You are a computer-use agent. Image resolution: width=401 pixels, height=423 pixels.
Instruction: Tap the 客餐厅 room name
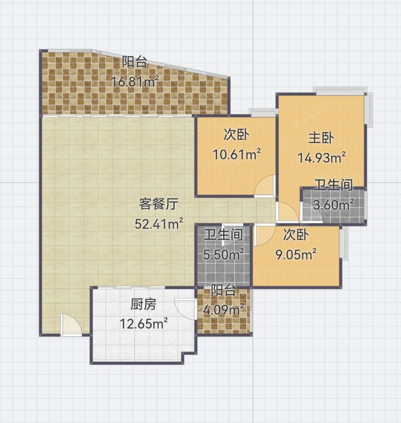(159, 204)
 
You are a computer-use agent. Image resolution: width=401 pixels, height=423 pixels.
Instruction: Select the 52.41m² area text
(159, 224)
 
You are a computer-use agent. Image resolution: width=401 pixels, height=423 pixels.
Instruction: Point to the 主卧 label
(321, 138)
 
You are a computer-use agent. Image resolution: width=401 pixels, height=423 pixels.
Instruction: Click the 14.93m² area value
(322, 158)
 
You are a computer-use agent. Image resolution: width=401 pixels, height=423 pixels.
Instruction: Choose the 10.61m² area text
(237, 154)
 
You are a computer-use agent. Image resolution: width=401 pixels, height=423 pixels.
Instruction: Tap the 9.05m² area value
(296, 254)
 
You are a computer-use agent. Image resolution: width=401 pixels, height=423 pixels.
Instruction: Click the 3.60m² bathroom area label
(334, 205)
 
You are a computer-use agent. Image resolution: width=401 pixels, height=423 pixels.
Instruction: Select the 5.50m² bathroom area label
(224, 254)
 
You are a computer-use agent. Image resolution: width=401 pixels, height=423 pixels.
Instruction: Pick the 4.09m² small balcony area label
(224, 310)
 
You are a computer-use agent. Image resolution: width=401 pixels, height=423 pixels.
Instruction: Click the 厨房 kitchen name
(143, 305)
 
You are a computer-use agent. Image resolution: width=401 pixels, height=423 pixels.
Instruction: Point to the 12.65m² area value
(144, 324)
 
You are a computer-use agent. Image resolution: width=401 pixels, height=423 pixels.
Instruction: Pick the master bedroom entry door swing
(288, 213)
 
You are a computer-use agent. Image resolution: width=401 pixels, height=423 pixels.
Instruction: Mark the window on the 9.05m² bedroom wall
(344, 244)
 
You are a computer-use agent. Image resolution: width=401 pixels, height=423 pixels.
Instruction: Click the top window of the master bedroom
(340, 91)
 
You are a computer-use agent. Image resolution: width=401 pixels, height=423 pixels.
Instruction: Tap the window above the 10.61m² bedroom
(263, 113)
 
